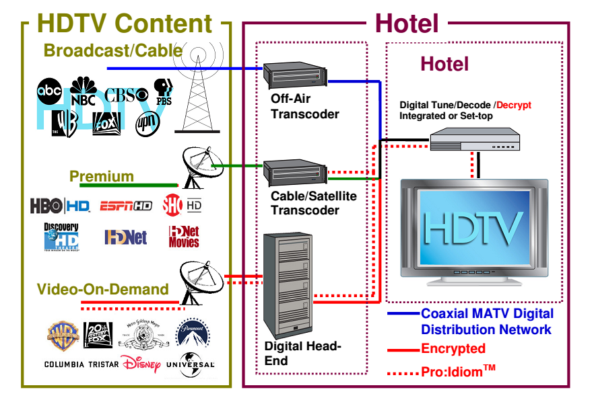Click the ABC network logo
(x=49, y=90)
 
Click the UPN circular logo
(x=146, y=124)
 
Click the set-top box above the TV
(x=475, y=140)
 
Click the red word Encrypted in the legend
(x=453, y=349)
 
